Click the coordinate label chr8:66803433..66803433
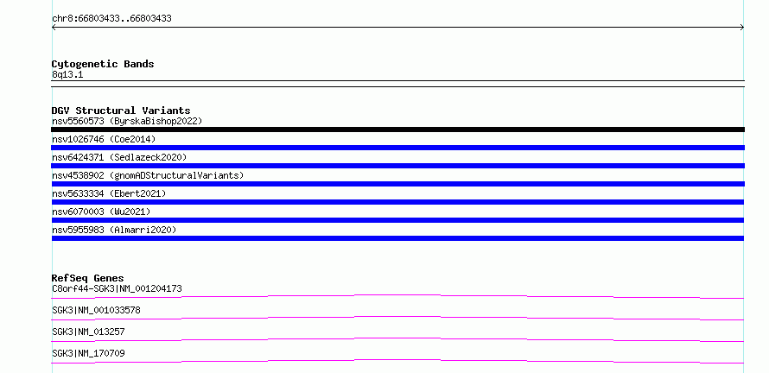coord(111,19)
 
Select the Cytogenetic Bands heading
coord(103,64)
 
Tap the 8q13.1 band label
coord(67,75)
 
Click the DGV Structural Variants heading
coord(121,111)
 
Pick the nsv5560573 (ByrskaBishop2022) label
coord(127,121)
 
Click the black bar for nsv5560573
coord(397,130)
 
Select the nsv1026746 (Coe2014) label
coord(104,139)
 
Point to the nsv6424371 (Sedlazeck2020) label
coord(119,157)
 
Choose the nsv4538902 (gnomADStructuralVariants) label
coord(148,175)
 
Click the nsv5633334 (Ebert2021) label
coord(109,193)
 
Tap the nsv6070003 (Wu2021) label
coord(101,212)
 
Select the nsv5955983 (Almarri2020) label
coord(114,230)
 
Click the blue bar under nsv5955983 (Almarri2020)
coord(397,238)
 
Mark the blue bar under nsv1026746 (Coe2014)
coord(397,148)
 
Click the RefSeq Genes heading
coord(88,278)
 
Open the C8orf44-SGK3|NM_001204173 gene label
coord(117,288)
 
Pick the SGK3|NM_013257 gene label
coord(88,332)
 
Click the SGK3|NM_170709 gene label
coord(88,353)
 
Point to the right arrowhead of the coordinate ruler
coord(743,28)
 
